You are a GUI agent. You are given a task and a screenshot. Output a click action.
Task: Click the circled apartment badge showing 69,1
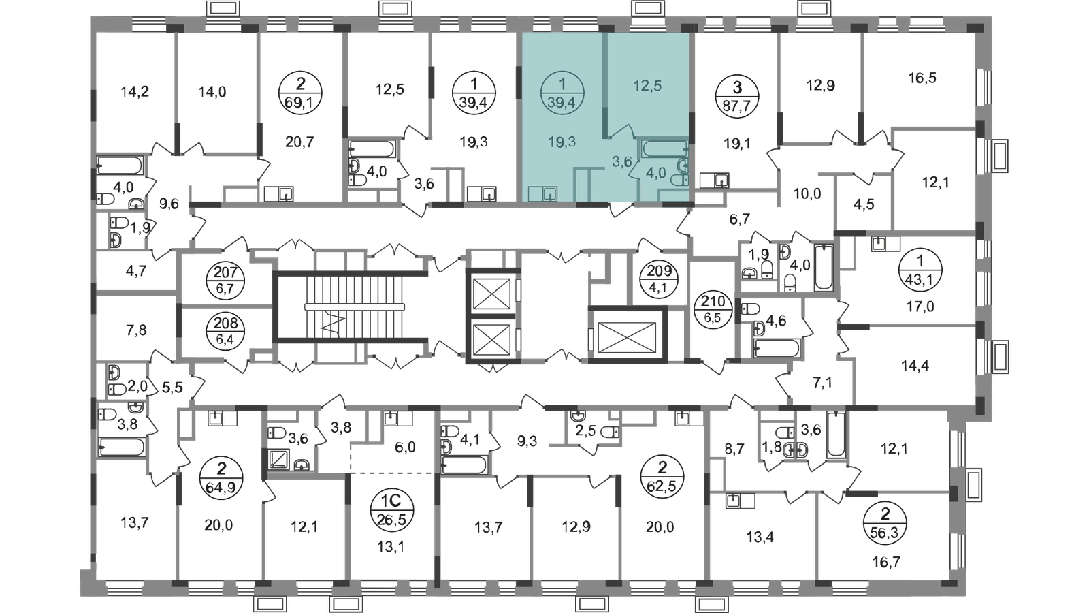click(x=300, y=93)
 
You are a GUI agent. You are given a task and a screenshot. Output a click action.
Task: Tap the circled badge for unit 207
click(x=225, y=280)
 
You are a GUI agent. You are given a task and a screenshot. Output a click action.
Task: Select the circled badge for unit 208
click(x=225, y=331)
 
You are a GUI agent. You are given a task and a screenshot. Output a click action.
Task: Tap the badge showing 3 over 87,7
click(x=737, y=96)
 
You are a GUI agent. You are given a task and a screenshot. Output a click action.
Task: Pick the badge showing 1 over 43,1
click(x=920, y=269)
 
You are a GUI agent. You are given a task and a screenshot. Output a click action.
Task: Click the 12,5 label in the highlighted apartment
click(x=647, y=86)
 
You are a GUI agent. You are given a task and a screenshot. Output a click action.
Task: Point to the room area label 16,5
click(x=922, y=78)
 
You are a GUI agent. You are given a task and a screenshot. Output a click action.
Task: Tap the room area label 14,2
click(x=135, y=91)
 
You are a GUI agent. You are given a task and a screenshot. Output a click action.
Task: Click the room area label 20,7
click(x=300, y=142)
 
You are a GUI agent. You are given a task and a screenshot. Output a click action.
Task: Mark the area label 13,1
click(x=391, y=548)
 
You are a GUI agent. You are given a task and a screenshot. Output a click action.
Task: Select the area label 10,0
click(x=807, y=193)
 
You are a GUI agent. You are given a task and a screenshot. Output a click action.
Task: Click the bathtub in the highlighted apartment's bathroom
click(x=665, y=148)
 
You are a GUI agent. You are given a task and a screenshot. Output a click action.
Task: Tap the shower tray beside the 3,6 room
click(x=278, y=460)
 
